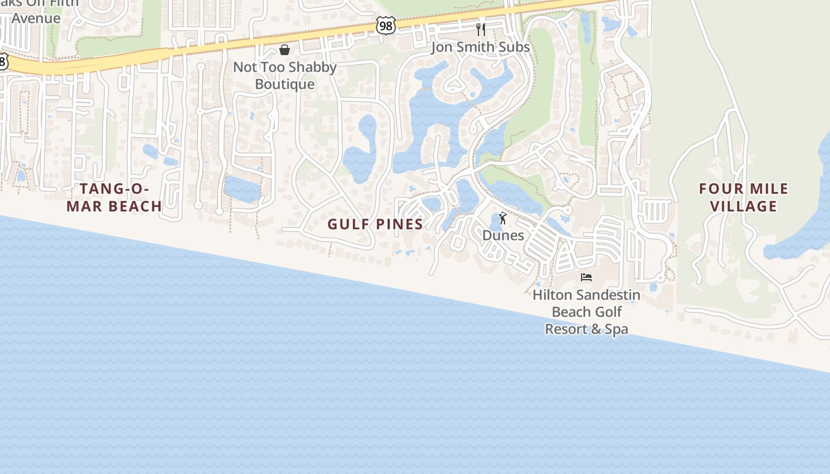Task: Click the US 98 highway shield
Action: [385, 25]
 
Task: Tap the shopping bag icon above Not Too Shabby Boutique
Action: [285, 49]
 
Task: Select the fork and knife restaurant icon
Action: [481, 29]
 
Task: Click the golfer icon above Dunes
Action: [503, 218]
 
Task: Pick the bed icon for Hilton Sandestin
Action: [586, 277]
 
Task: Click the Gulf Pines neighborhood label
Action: [375, 224]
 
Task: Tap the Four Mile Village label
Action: [743, 197]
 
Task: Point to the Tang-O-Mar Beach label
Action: [114, 197]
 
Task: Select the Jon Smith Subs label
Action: [480, 47]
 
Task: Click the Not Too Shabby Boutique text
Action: [285, 75]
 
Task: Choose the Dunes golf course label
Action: [503, 235]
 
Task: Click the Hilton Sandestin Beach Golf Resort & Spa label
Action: [586, 312]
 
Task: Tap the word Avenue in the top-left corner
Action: [36, 18]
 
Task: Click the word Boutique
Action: [285, 84]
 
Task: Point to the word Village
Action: [743, 206]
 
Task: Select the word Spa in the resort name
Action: [617, 329]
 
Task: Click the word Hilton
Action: [553, 294]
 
